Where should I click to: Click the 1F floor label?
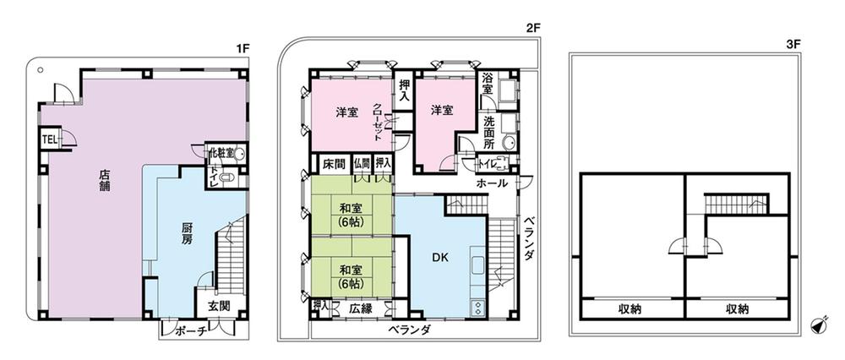pyautogui.click(x=242, y=48)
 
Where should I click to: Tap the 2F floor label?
pyautogui.click(x=533, y=29)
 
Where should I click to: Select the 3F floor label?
pyautogui.click(x=793, y=46)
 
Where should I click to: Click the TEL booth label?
pyautogui.click(x=50, y=139)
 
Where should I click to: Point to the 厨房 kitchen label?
pyautogui.click(x=185, y=234)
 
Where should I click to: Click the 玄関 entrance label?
pyautogui.click(x=220, y=307)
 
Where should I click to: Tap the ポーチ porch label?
pyautogui.click(x=191, y=332)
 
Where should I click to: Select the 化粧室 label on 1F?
pyautogui.click(x=221, y=152)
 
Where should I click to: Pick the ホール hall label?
pyautogui.click(x=492, y=183)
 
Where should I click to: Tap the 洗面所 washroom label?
pyautogui.click(x=488, y=133)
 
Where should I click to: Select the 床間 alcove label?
pyautogui.click(x=334, y=163)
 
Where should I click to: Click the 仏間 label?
pyautogui.click(x=362, y=162)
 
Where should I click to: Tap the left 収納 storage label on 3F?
pyautogui.click(x=630, y=309)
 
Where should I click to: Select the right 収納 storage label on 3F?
pyautogui.click(x=737, y=309)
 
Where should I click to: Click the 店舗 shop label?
pyautogui.click(x=104, y=183)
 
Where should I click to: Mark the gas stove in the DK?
pyautogui.click(x=477, y=308)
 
